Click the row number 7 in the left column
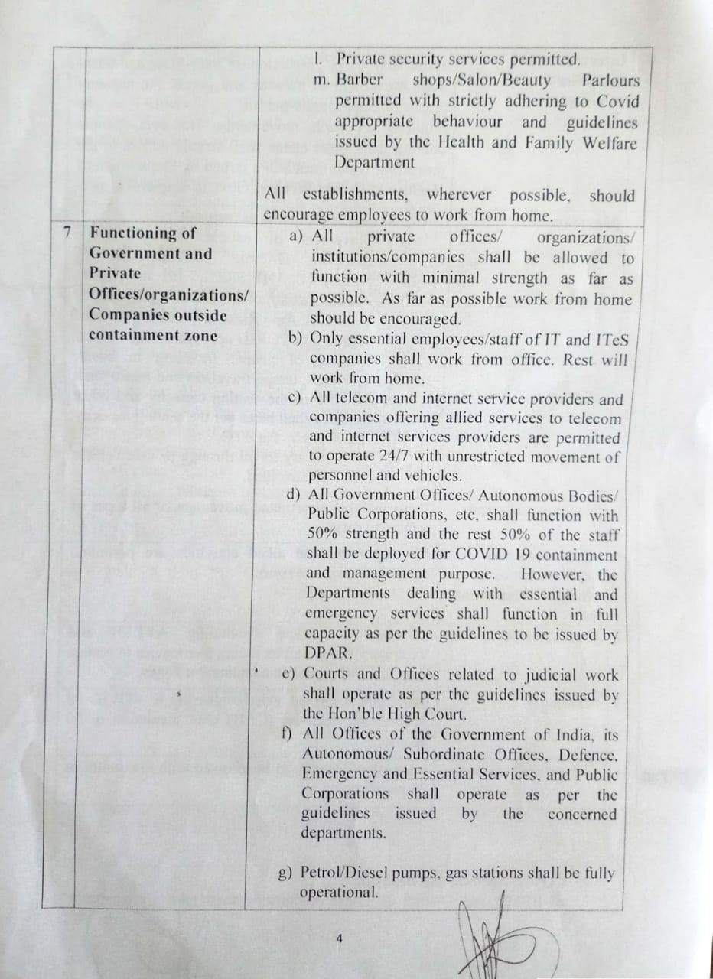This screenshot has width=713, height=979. pyautogui.click(x=67, y=233)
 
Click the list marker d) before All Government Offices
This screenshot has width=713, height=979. pyautogui.click(x=294, y=495)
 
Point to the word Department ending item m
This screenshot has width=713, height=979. pyautogui.click(x=375, y=163)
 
